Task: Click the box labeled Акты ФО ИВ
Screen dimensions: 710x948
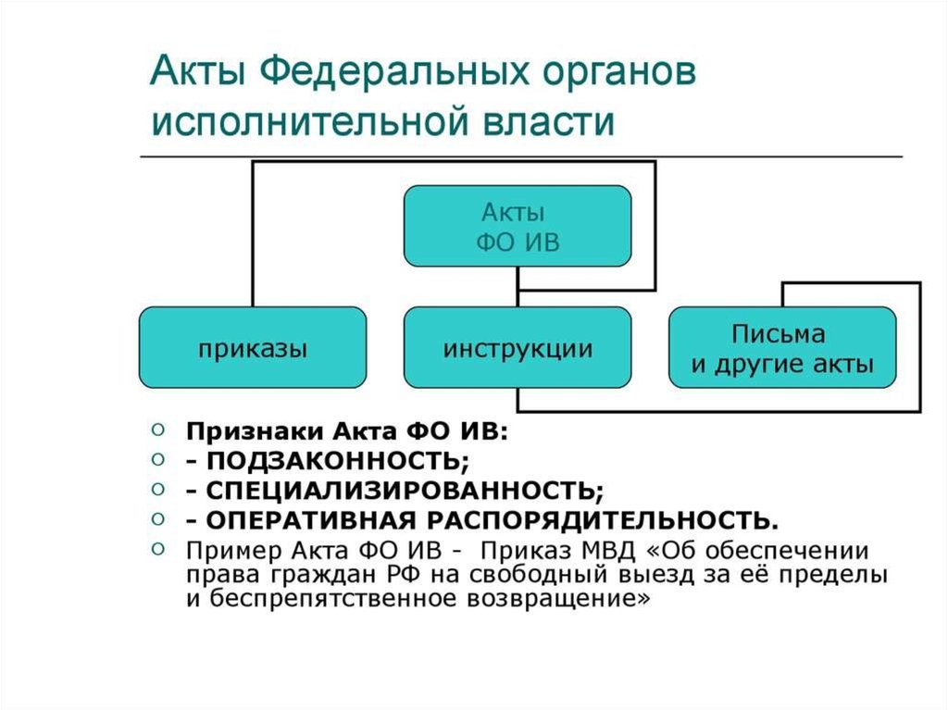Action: (518, 227)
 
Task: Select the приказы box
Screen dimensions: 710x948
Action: (253, 348)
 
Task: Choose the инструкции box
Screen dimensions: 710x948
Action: (518, 348)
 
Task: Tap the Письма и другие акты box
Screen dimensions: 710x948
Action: (782, 348)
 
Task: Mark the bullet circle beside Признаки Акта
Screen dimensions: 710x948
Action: (158, 430)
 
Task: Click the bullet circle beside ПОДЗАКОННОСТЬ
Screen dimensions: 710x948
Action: (158, 458)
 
